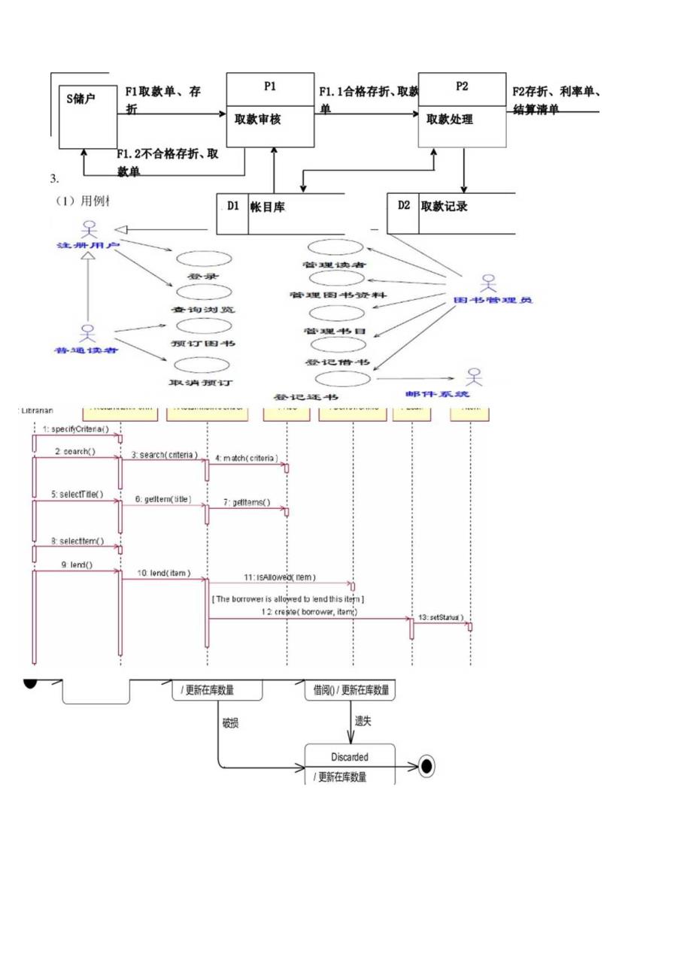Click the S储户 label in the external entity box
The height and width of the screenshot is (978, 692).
(80, 98)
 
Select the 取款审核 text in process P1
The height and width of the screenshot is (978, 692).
(257, 119)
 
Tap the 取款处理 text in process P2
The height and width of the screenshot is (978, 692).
(450, 119)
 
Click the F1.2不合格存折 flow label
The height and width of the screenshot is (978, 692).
(167, 153)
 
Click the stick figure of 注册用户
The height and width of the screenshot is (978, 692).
(90, 228)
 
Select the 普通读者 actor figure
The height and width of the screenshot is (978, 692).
(87, 332)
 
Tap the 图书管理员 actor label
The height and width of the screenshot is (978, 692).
(493, 300)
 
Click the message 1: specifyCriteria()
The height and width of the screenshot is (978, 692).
(75, 429)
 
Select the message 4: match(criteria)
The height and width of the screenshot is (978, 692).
(245, 457)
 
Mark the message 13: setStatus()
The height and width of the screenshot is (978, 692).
(442, 617)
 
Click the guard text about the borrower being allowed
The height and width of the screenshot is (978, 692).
(289, 598)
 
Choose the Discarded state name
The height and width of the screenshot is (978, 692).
(350, 757)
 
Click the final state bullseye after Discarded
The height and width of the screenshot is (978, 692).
(426, 767)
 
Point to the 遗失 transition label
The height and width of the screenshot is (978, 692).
(364, 720)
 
